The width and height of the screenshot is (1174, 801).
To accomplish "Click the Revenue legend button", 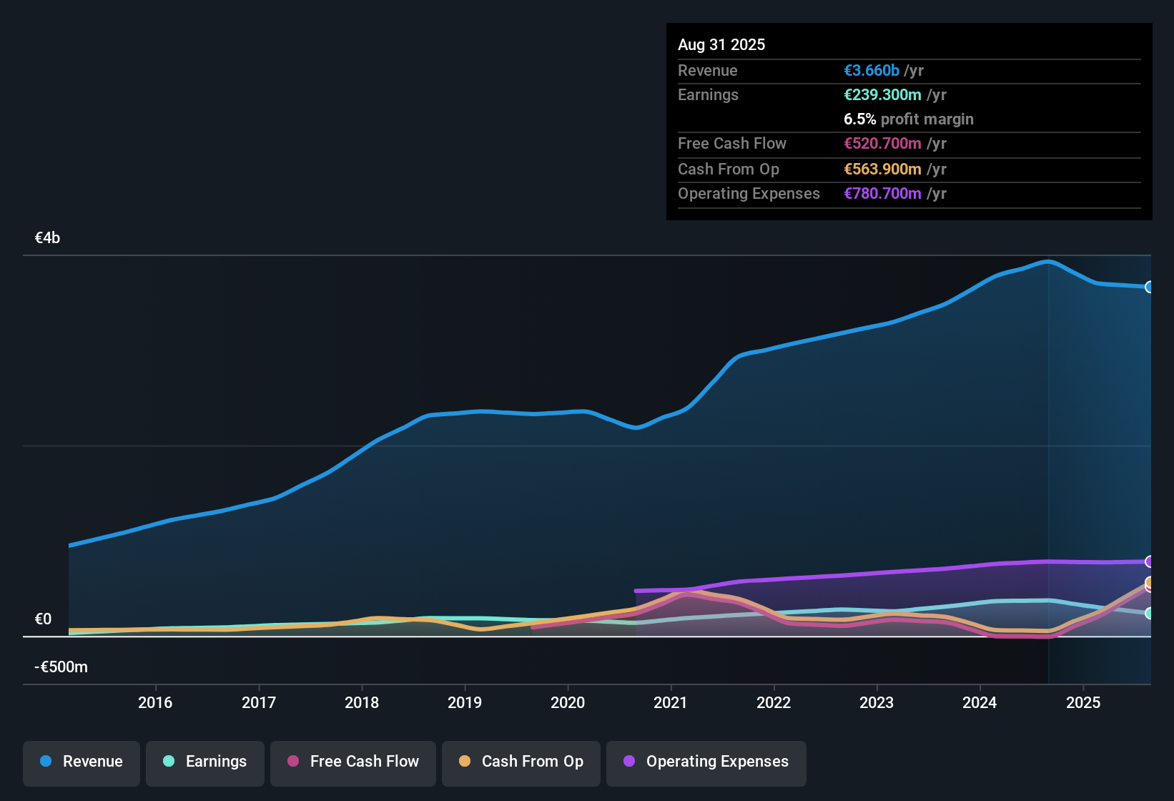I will click(x=82, y=762).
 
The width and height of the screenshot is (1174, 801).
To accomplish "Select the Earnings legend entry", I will click(x=205, y=762).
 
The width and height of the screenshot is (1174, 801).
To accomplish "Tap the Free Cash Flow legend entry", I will click(x=353, y=762).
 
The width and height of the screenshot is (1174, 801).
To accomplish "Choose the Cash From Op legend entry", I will click(x=521, y=762).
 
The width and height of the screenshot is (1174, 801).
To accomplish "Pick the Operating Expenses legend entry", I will click(x=706, y=762).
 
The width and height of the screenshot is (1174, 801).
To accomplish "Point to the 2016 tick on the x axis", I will click(x=155, y=702).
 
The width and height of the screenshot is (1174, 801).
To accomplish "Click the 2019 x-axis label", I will click(x=465, y=702).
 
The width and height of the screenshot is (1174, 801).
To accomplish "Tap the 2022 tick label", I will click(x=774, y=702).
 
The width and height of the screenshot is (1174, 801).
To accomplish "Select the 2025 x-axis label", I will click(x=1083, y=702).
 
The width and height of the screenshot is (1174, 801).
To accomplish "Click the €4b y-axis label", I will click(x=47, y=238).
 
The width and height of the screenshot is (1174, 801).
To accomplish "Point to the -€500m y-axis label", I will click(x=61, y=667).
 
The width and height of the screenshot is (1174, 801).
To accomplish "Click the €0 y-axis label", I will click(x=43, y=619).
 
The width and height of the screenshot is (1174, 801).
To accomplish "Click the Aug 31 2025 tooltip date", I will click(x=721, y=44).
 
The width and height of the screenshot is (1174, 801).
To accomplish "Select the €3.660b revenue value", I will click(x=872, y=70).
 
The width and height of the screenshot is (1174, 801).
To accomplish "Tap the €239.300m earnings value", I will click(x=882, y=94).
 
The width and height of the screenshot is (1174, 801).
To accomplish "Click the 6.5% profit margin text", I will click(x=908, y=119).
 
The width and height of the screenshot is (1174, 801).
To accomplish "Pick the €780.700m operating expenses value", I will click(x=882, y=193).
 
